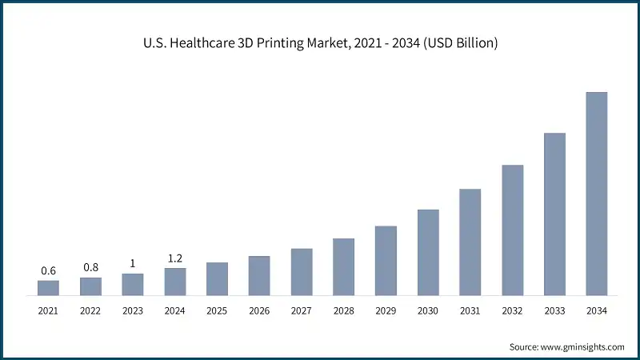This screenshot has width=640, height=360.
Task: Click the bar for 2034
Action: [597, 194]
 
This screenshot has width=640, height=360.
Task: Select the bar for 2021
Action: [48, 288]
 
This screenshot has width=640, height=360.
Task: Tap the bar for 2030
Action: [428, 252]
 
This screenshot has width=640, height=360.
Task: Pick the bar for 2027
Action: [302, 272]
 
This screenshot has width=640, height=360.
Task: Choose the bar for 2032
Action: [513, 230]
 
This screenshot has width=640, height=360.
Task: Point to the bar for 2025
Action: [217, 279]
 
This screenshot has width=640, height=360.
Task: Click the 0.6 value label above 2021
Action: [48, 271]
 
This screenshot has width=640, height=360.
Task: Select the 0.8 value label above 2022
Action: [90, 267]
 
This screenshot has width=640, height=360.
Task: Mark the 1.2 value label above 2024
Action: [175, 258]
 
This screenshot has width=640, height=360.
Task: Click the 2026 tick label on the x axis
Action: [259, 310]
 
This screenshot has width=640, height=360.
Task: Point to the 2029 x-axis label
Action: [386, 310]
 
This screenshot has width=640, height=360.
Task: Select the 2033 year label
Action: [554, 310]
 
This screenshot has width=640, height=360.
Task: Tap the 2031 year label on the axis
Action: [470, 310]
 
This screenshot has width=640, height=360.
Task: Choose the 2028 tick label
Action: [343, 310]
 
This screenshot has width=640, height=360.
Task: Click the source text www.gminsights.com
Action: [583, 346]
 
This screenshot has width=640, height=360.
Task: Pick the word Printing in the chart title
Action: [287, 43]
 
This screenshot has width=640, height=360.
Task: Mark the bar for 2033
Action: [554, 214]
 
